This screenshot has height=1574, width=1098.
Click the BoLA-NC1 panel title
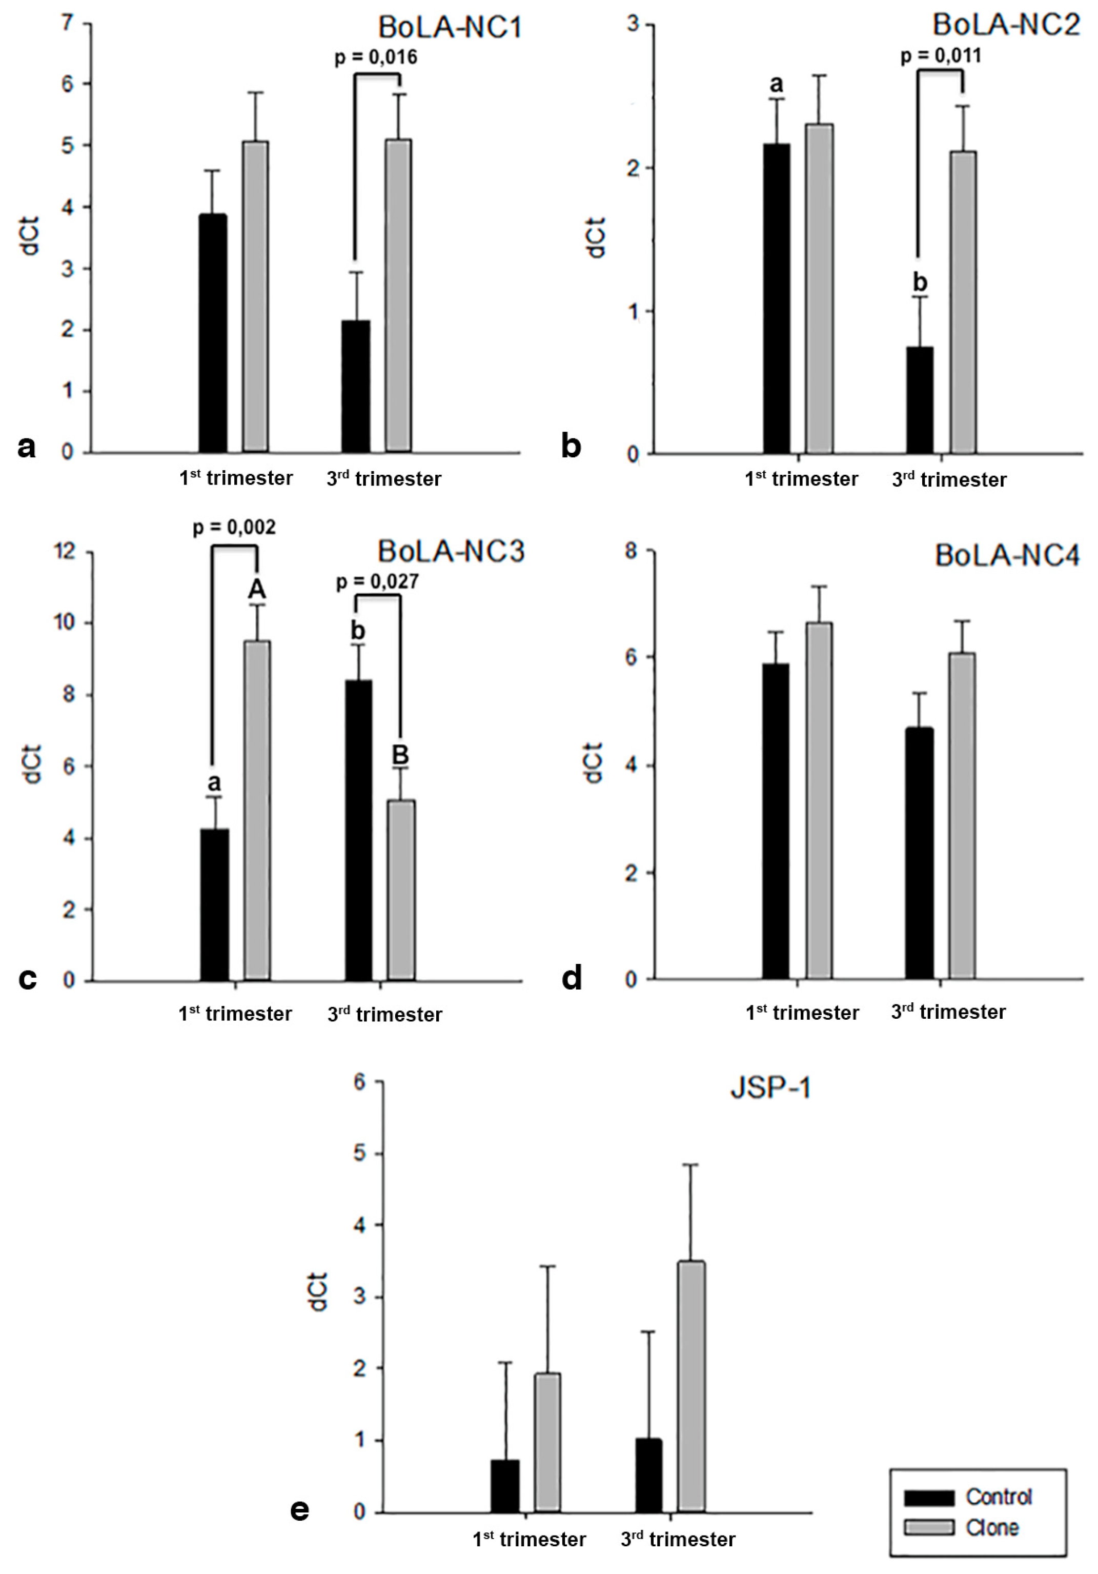coord(450,27)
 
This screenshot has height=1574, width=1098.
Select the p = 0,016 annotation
coord(376,57)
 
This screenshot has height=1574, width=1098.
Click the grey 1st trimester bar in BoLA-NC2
coord(819,288)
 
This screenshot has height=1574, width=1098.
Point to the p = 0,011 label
coord(940,55)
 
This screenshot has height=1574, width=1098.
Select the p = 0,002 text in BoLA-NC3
coord(234,527)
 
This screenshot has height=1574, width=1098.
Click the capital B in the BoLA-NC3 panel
coord(400,755)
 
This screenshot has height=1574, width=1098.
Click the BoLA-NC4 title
coord(1006,555)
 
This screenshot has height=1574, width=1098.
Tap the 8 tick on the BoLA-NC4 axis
coord(630,551)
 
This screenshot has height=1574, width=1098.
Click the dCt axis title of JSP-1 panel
coord(318,1292)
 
